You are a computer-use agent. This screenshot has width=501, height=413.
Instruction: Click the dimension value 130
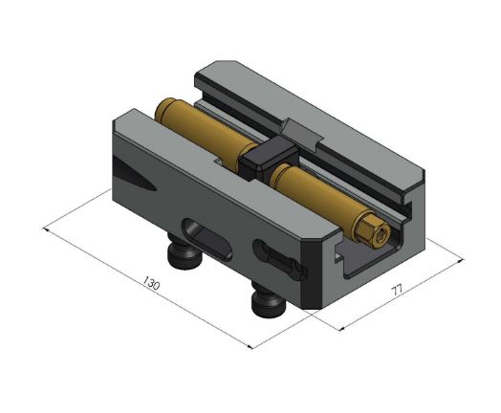coord(150,284)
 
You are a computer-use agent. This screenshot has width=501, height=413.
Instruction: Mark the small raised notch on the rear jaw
coord(301,131)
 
